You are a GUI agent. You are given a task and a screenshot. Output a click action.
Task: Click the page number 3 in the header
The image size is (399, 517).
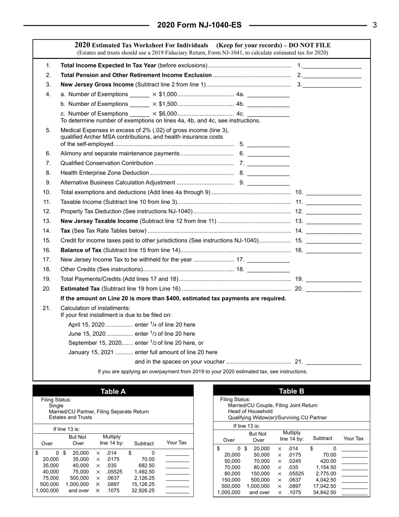(375, 25)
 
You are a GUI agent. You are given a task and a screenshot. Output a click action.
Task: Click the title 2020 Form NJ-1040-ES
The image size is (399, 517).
(199, 25)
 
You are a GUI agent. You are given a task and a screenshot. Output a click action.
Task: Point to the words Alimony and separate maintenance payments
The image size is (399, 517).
(120, 153)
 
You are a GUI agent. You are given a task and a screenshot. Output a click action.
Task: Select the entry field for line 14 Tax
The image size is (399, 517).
(334, 231)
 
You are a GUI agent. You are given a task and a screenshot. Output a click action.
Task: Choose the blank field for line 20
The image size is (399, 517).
(334, 289)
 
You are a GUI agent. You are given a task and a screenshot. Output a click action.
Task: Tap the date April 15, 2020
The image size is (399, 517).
(86, 324)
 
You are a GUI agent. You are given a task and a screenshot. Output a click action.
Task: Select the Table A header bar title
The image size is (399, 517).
(113, 392)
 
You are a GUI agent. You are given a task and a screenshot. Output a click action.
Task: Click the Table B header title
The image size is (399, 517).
(291, 391)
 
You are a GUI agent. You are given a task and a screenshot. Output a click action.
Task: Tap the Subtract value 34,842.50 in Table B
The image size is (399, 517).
(324, 492)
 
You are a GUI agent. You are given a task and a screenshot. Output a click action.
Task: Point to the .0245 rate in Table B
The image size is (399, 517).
(294, 461)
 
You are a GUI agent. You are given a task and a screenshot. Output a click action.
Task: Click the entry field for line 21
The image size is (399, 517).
(334, 361)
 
